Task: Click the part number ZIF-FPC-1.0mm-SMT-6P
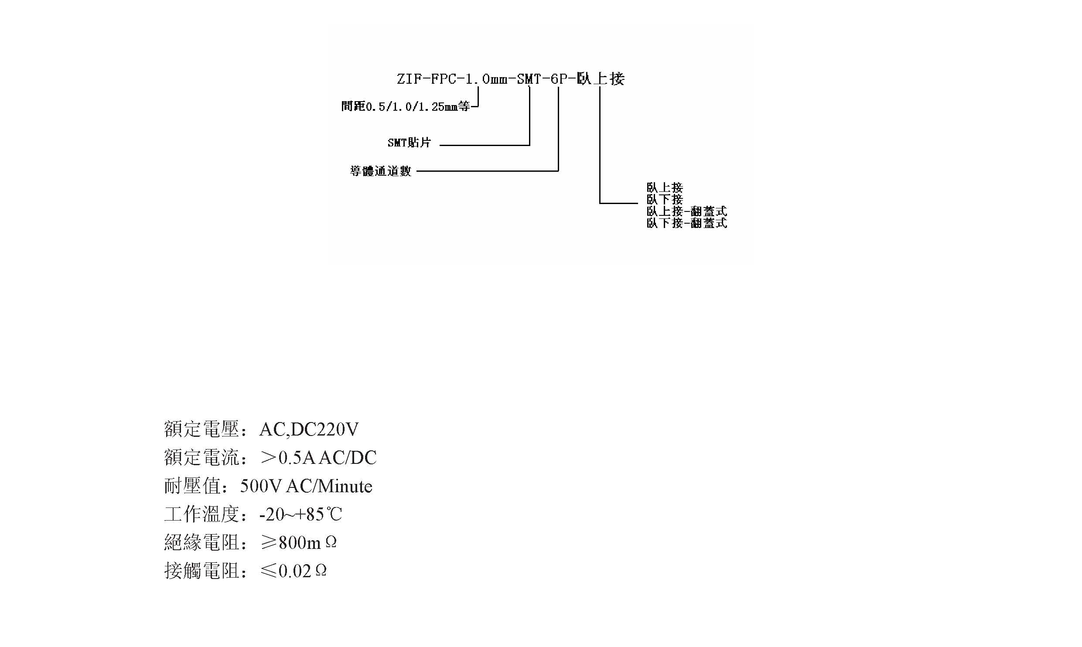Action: click(484, 79)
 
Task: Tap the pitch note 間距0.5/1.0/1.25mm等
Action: click(405, 106)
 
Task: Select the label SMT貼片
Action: click(409, 143)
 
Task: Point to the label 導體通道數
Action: click(380, 171)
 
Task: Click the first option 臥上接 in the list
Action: click(665, 188)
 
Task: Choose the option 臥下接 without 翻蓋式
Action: click(665, 200)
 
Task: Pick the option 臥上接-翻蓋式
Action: click(687, 211)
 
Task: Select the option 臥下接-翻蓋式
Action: click(687, 223)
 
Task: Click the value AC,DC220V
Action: click(309, 430)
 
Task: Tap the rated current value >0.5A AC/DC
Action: click(318, 458)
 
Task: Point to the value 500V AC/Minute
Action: click(306, 487)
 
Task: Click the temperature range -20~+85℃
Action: click(300, 515)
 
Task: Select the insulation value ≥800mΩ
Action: click(299, 543)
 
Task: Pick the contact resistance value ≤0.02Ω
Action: click(294, 571)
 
